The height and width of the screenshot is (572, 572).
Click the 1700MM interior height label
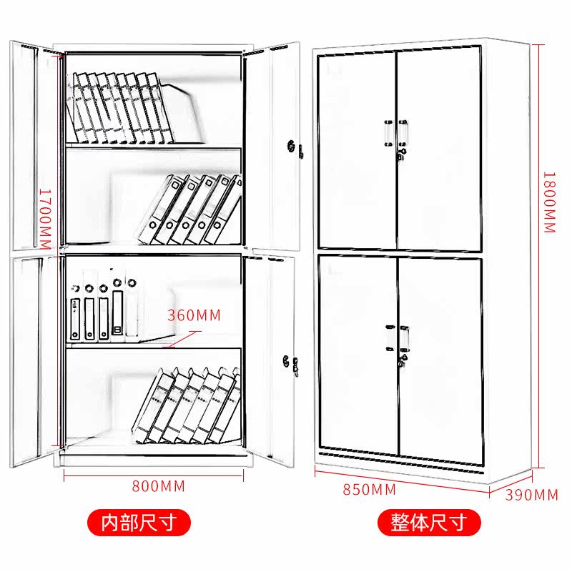pyautogui.click(x=44, y=220)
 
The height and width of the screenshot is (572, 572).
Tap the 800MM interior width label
pyautogui.click(x=158, y=486)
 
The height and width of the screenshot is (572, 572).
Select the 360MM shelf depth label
pyautogui.click(x=194, y=315)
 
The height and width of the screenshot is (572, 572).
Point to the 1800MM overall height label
pyautogui.click(x=548, y=202)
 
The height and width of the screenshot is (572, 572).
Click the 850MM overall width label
pyautogui.click(x=369, y=490)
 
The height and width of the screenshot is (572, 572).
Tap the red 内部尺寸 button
pyautogui.click(x=139, y=522)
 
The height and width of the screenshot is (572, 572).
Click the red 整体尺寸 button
pyautogui.click(x=428, y=522)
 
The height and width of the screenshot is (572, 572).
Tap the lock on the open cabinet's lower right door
pyautogui.click(x=290, y=361)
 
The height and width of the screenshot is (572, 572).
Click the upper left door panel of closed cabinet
pyautogui.click(x=356, y=150)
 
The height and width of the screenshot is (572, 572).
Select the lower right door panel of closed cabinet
pyautogui.click(x=440, y=357)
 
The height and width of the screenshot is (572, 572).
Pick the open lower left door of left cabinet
pyautogui.click(x=31, y=357)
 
